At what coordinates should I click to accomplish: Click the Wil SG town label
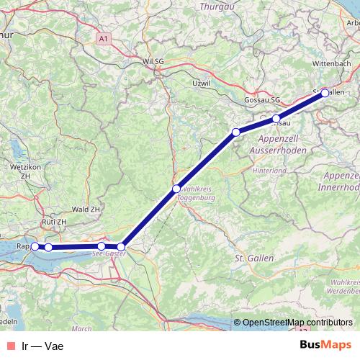pos(155,62)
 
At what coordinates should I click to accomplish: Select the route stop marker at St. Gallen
pos(325,92)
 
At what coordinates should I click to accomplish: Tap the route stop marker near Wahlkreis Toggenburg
pos(176,189)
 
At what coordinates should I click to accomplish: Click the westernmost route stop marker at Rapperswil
pos(35,247)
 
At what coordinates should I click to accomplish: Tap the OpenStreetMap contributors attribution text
pos(297,323)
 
